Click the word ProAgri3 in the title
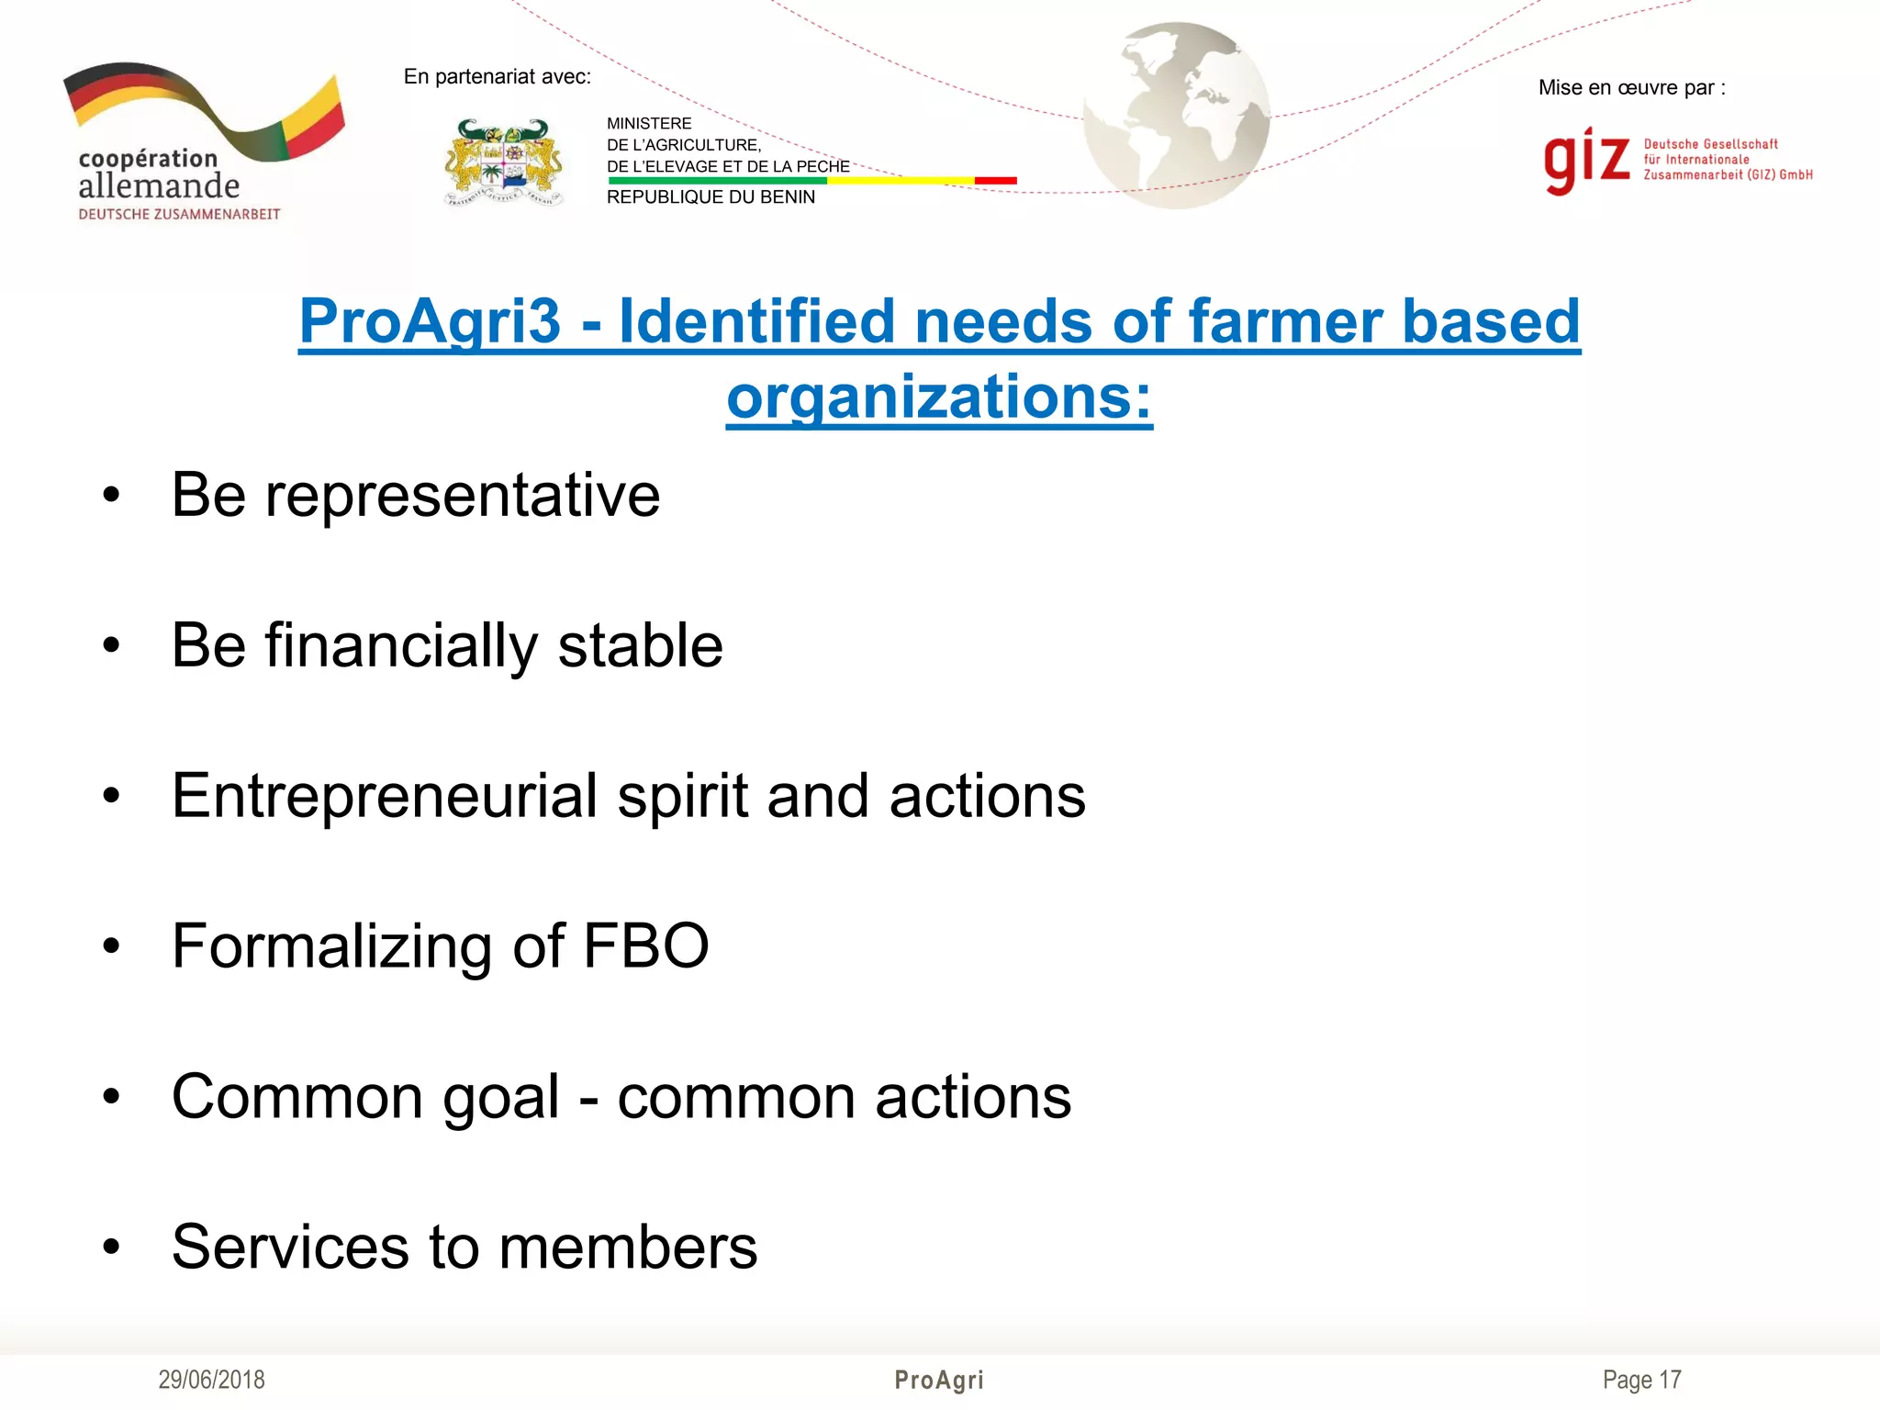click(429, 322)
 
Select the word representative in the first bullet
click(462, 495)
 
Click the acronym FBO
click(645, 946)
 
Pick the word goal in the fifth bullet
click(501, 1096)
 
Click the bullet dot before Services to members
click(112, 1247)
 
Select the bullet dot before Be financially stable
click(112, 645)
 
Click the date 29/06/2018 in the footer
click(211, 1380)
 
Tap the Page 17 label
click(1641, 1380)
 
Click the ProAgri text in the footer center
click(939, 1380)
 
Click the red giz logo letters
click(1586, 161)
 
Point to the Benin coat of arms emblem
click(503, 162)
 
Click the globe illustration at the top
click(1176, 116)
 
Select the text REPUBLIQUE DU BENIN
click(711, 197)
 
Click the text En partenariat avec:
click(497, 77)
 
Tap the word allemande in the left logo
click(159, 186)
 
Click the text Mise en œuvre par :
click(1631, 88)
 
